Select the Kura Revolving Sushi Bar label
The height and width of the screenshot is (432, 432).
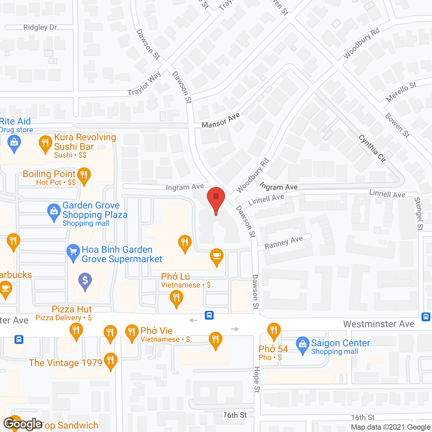tap(85, 142)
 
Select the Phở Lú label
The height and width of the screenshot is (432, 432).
tap(175, 277)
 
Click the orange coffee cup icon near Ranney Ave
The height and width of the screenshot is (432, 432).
tap(217, 257)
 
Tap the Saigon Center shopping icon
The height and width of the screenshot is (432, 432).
tap(302, 345)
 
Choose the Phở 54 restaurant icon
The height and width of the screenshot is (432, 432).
tap(274, 330)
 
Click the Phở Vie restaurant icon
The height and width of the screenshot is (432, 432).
tap(132, 332)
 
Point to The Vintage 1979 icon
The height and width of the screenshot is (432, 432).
tap(110, 361)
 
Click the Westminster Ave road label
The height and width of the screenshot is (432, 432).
tap(379, 324)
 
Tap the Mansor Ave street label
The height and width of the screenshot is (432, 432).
tap(221, 120)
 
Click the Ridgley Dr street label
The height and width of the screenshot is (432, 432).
tap(40, 27)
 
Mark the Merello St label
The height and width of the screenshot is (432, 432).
tap(401, 92)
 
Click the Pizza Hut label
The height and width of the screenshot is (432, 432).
tap(72, 309)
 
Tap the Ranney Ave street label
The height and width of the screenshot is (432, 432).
tap(283, 242)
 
